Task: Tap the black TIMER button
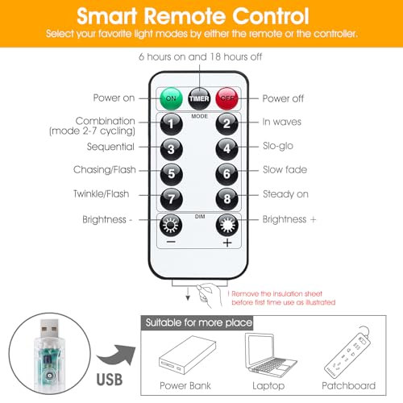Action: pyautogui.click(x=199, y=98)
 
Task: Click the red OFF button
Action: pyautogui.click(x=227, y=98)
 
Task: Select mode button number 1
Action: pyautogui.click(x=171, y=124)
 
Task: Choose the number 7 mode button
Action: pyautogui.click(x=171, y=199)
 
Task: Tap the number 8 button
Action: pyautogui.click(x=227, y=198)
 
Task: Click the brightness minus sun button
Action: pyautogui.click(x=171, y=225)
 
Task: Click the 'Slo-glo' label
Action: pyautogui.click(x=278, y=146)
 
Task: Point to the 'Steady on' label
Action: pyautogui.click(x=285, y=194)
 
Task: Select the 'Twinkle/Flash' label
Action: pyautogui.click(x=102, y=193)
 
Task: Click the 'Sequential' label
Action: pyautogui.click(x=110, y=147)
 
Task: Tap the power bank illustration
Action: pyautogui.click(x=187, y=355)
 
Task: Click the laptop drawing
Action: pyautogui.click(x=271, y=353)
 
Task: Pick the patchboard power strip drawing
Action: pyautogui.click(x=347, y=352)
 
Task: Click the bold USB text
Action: pyautogui.click(x=110, y=380)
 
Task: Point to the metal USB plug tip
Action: pyautogui.click(x=49, y=328)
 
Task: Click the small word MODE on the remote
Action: pyautogui.click(x=199, y=116)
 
